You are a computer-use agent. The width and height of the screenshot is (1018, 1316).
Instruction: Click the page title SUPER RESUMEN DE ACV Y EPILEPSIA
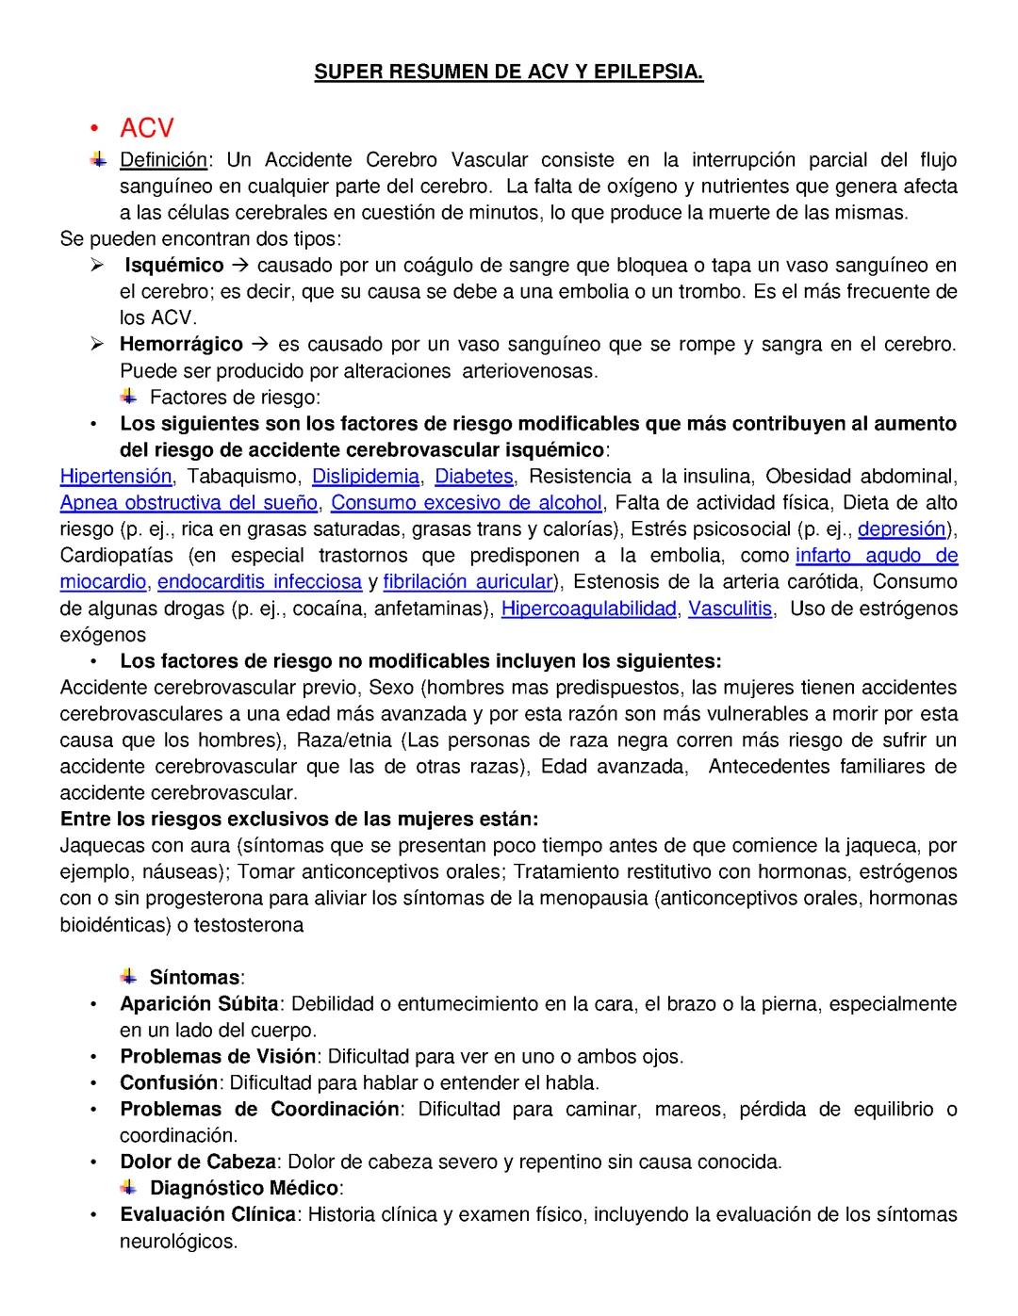pyautogui.click(x=508, y=72)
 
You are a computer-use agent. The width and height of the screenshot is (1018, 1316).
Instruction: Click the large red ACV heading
pyautogui.click(x=147, y=128)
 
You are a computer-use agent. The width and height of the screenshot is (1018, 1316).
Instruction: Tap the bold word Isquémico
pyautogui.click(x=174, y=265)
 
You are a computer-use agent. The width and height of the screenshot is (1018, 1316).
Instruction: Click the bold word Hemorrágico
pyautogui.click(x=181, y=344)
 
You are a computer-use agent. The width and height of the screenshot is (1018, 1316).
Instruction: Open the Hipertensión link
pyautogui.click(x=116, y=476)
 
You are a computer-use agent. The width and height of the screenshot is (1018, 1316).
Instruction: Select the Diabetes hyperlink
pyautogui.click(x=474, y=476)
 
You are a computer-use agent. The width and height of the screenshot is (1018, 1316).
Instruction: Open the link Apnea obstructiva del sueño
pyautogui.click(x=189, y=502)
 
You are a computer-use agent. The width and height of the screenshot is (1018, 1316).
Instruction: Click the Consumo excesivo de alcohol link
pyautogui.click(x=467, y=502)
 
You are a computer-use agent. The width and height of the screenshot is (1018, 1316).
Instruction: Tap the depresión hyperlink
pyautogui.click(x=901, y=528)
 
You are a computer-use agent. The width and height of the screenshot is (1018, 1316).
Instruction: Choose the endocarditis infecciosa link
pyautogui.click(x=260, y=581)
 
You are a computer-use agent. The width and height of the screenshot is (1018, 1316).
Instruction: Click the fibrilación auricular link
pyautogui.click(x=468, y=581)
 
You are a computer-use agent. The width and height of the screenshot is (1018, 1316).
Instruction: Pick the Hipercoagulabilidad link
pyautogui.click(x=588, y=608)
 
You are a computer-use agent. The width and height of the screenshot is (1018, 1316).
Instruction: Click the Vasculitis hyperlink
pyautogui.click(x=731, y=608)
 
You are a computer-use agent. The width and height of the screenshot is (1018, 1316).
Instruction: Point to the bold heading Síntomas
pyautogui.click(x=194, y=977)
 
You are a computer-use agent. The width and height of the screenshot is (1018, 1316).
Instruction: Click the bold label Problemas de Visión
pyautogui.click(x=218, y=1056)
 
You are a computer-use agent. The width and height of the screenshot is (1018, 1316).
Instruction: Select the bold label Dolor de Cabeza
pyautogui.click(x=198, y=1162)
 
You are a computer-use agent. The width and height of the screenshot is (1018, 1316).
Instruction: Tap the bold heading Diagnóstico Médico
pyautogui.click(x=244, y=1188)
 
